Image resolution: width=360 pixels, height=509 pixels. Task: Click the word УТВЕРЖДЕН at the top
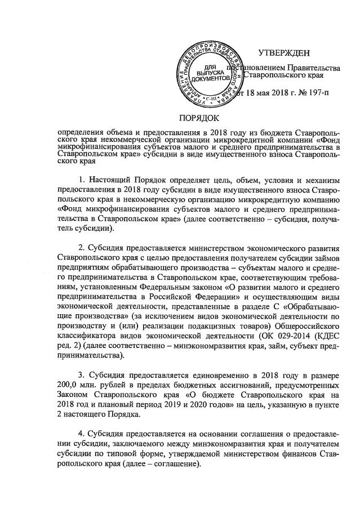(x=284, y=53)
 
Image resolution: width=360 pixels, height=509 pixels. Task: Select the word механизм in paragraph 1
(x=318, y=180)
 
